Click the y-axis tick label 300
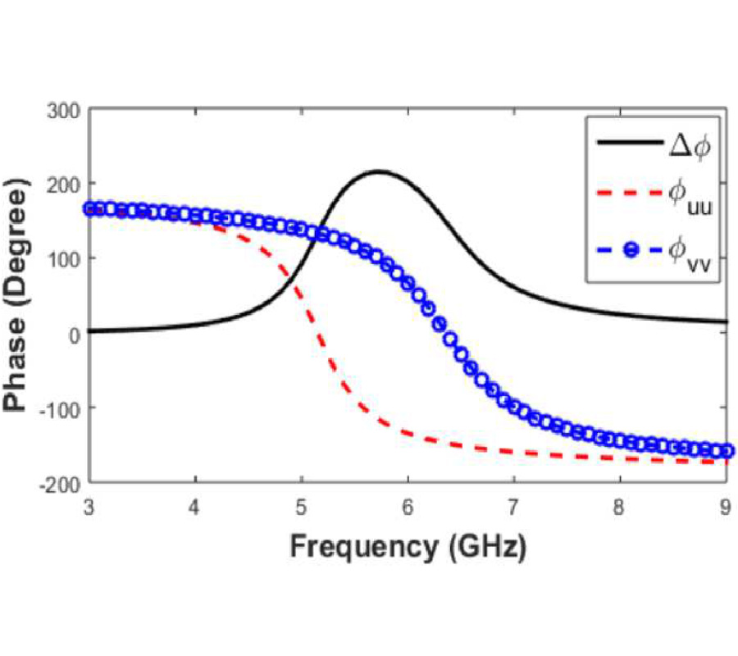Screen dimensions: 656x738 click(66, 109)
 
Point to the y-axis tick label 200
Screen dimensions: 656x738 click(66, 184)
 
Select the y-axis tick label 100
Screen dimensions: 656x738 click(66, 258)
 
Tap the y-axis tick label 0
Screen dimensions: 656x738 click(75, 333)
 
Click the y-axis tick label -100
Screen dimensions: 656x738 click(64, 408)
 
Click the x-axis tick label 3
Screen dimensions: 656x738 click(89, 507)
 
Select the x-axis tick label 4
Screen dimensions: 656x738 click(195, 507)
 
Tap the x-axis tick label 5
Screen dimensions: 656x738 click(301, 507)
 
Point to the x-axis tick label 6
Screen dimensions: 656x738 click(408, 507)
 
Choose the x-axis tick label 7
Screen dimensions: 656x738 click(513, 507)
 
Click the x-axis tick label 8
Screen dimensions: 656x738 click(620, 507)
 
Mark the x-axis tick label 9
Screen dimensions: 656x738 click(726, 507)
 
